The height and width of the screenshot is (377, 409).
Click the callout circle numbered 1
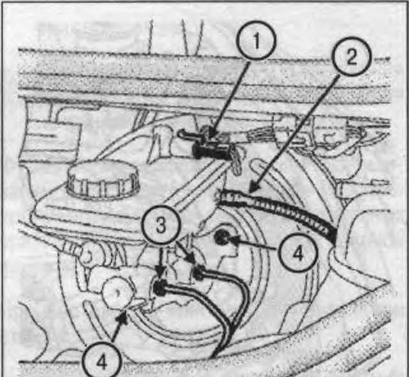[x=256, y=40]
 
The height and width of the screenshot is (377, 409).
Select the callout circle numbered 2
[x=351, y=56]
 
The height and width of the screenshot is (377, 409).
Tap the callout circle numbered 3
[x=161, y=225]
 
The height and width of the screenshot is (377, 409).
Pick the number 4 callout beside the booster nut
[x=298, y=253]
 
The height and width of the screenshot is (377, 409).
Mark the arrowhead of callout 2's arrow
[x=252, y=188]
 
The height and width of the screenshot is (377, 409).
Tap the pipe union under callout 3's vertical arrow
[x=160, y=287]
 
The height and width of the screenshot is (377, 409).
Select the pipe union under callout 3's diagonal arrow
[x=199, y=272]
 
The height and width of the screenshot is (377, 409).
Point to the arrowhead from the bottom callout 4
[x=124, y=317]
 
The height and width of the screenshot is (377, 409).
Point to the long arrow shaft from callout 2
[x=295, y=131]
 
